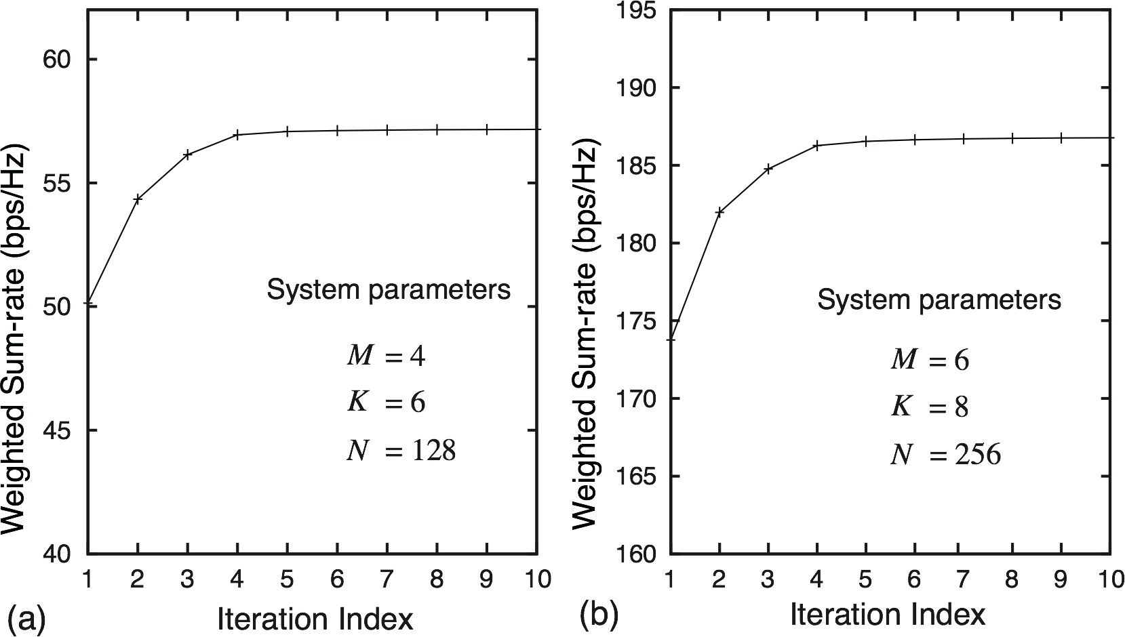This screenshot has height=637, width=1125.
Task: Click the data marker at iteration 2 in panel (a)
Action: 138,199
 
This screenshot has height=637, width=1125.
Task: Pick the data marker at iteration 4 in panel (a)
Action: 237,135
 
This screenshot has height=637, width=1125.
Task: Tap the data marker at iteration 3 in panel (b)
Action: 768,169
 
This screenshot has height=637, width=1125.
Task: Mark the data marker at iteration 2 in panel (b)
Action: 719,211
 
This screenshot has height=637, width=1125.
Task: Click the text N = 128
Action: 401,451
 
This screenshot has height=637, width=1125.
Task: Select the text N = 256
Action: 945,455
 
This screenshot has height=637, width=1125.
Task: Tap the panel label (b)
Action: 599,614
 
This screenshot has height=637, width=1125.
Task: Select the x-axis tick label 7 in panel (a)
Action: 387,580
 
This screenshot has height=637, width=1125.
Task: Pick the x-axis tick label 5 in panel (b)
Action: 866,580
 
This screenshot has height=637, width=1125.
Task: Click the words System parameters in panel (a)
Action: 388,291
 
